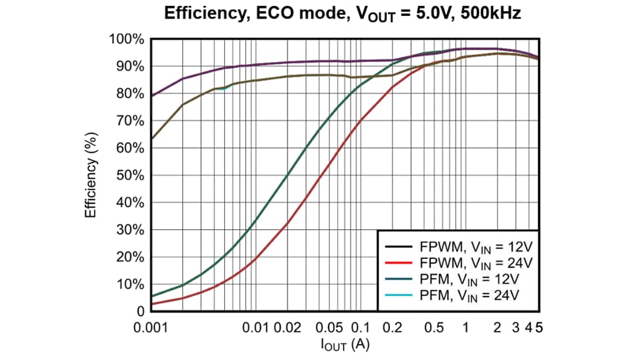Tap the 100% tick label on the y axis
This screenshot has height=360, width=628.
126,39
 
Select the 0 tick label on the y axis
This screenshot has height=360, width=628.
139,311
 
